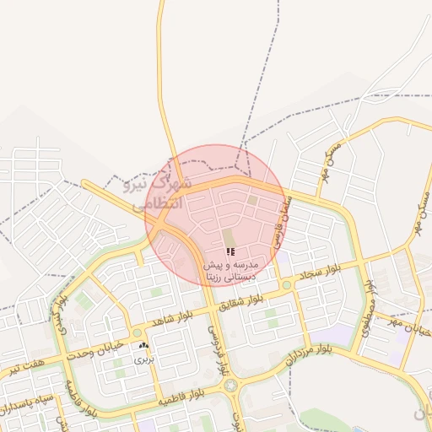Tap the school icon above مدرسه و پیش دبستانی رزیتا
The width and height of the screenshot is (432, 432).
pyautogui.click(x=230, y=251)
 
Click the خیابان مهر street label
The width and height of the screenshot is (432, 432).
pyautogui.click(x=408, y=325)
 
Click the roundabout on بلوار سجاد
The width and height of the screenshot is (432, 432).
pyautogui.click(x=286, y=285)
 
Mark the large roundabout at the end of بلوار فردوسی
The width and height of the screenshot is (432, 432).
pyautogui.click(x=230, y=385)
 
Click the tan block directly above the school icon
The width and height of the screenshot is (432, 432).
pyautogui.click(x=227, y=238)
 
